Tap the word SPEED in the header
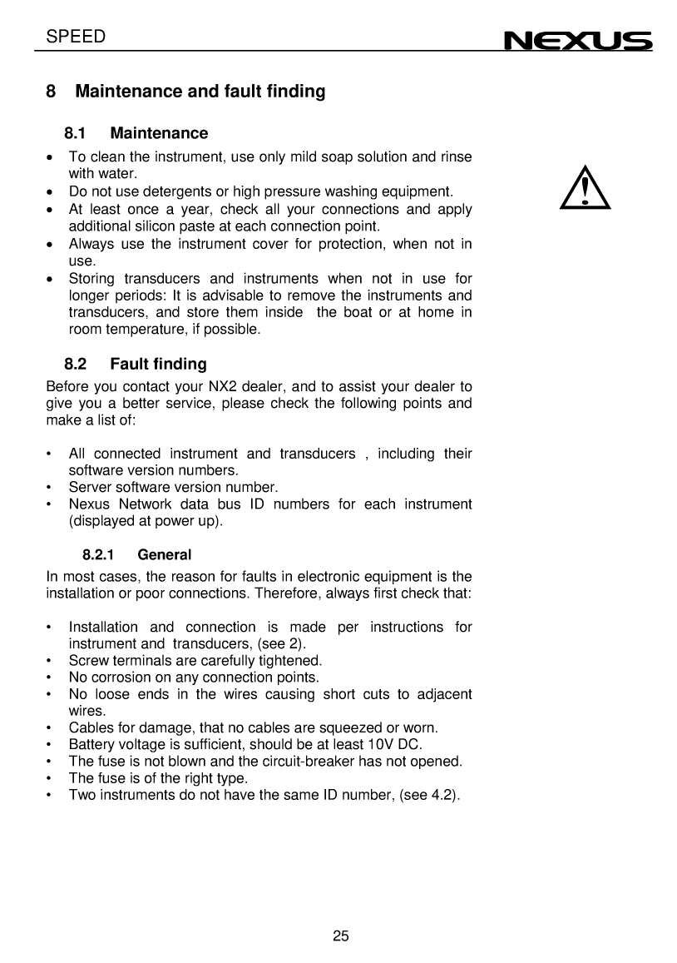[77, 36]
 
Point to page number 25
[340, 936]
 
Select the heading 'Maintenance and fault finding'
[200, 92]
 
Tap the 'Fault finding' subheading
[158, 364]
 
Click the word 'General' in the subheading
[164, 554]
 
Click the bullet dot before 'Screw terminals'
[51, 661]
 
